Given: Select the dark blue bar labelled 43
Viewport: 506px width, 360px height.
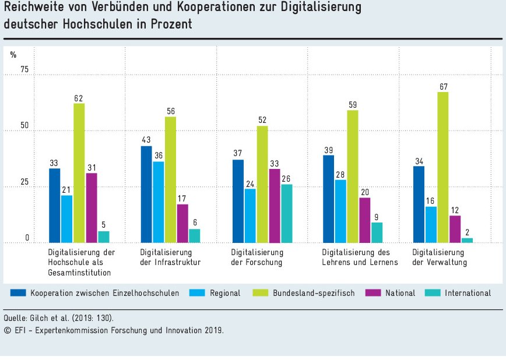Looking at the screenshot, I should pyautogui.click(x=147, y=194).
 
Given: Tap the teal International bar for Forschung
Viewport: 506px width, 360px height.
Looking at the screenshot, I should pyautogui.click(x=287, y=213).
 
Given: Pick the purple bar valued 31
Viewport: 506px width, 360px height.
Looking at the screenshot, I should pyautogui.click(x=91, y=207).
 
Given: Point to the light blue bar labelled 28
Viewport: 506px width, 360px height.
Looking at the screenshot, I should pyautogui.click(x=340, y=211).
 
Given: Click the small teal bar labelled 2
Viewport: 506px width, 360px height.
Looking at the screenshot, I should pyautogui.click(x=468, y=240).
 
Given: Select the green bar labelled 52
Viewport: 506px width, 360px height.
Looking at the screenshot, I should pyautogui.click(x=262, y=184).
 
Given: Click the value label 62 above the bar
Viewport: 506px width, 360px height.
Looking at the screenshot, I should pyautogui.click(x=79, y=98).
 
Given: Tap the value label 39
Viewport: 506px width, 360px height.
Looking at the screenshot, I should pyautogui.click(x=328, y=150).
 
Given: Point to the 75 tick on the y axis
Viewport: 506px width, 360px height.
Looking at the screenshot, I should pyautogui.click(x=24, y=70).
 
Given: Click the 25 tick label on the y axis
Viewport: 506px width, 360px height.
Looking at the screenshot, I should pyautogui.click(x=24, y=182).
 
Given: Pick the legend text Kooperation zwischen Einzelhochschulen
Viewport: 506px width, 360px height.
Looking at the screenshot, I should pyautogui.click(x=105, y=293).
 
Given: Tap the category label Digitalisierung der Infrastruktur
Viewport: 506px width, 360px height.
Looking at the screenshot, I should pyautogui.click(x=171, y=257).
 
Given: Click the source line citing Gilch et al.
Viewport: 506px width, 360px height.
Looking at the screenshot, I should pyautogui.click(x=58, y=317).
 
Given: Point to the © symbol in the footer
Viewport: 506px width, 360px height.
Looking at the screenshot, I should pyautogui.click(x=8, y=330).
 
